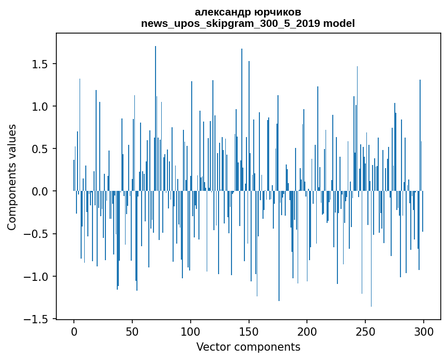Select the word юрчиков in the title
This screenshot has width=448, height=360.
[x=279, y=12]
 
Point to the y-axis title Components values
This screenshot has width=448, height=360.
[x=12, y=177]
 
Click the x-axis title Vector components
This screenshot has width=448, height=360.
[x=248, y=347]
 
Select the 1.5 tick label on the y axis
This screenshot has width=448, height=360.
[x=40, y=64]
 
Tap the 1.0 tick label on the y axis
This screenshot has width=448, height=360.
[x=40, y=107]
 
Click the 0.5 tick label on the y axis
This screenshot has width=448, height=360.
[x=40, y=149]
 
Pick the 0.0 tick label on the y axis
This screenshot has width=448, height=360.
[x=40, y=191]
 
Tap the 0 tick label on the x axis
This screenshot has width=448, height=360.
[x=74, y=331]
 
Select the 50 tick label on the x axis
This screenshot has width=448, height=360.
[x=132, y=331]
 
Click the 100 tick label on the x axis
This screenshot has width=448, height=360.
[x=191, y=331]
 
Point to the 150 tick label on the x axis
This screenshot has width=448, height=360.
[x=249, y=331]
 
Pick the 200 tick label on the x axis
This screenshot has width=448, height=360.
[x=307, y=331]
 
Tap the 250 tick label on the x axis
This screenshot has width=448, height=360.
[x=365, y=331]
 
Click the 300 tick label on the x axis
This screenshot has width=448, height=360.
[x=424, y=331]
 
